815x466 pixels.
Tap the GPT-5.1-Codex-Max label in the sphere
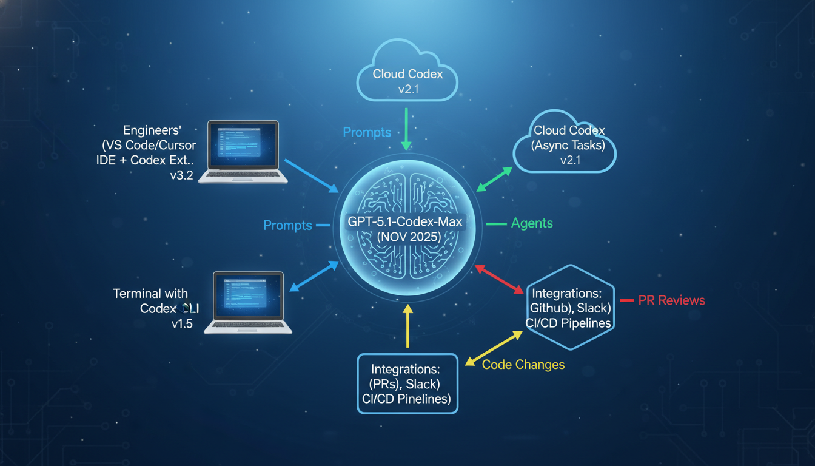pos(405,222)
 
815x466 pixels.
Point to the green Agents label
pos(532,223)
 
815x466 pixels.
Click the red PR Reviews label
pos(671,300)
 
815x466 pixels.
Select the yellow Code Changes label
pos(523,365)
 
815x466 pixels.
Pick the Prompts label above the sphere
pos(367,132)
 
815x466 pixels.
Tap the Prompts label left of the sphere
pos(287,226)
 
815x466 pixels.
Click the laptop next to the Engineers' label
pos(243,152)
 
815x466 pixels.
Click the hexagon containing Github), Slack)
pos(569,307)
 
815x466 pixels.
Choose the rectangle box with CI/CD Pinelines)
pos(407,383)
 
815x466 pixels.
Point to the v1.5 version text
pos(182,324)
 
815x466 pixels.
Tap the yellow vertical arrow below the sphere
pos(407,326)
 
